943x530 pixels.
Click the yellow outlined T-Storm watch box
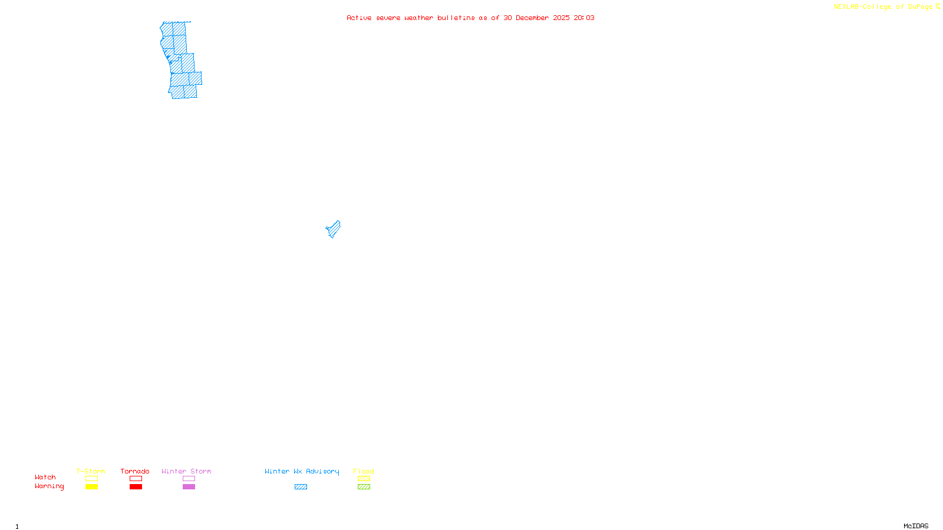pos(91,479)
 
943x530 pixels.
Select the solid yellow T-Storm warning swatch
pos(91,487)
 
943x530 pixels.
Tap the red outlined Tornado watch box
pos(136,479)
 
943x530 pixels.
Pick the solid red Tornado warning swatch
pos(136,487)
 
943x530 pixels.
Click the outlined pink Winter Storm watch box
pos(189,479)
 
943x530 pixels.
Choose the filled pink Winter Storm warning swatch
pos(189,487)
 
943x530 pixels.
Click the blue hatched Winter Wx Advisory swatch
pos(301,487)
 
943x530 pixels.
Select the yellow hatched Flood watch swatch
pos(364,479)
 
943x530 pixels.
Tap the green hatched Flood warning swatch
pos(364,487)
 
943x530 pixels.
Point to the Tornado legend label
pos(135,471)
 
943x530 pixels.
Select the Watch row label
pos(45,478)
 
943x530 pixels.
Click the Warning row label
pos(49,486)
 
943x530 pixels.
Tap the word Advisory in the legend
pos(322,471)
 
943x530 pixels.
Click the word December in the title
pos(532,18)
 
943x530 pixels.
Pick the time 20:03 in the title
pos(584,18)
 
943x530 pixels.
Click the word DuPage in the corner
pos(920,6)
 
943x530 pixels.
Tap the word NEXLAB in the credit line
pos(846,6)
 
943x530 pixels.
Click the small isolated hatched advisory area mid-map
pos(334,229)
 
